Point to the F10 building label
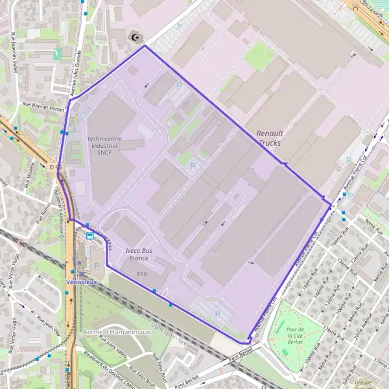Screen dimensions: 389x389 (x=142, y=275)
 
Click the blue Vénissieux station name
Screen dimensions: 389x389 (x=82, y=282)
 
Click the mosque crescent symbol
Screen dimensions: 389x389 (x=135, y=38)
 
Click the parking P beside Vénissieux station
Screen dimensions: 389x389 (x=97, y=265)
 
